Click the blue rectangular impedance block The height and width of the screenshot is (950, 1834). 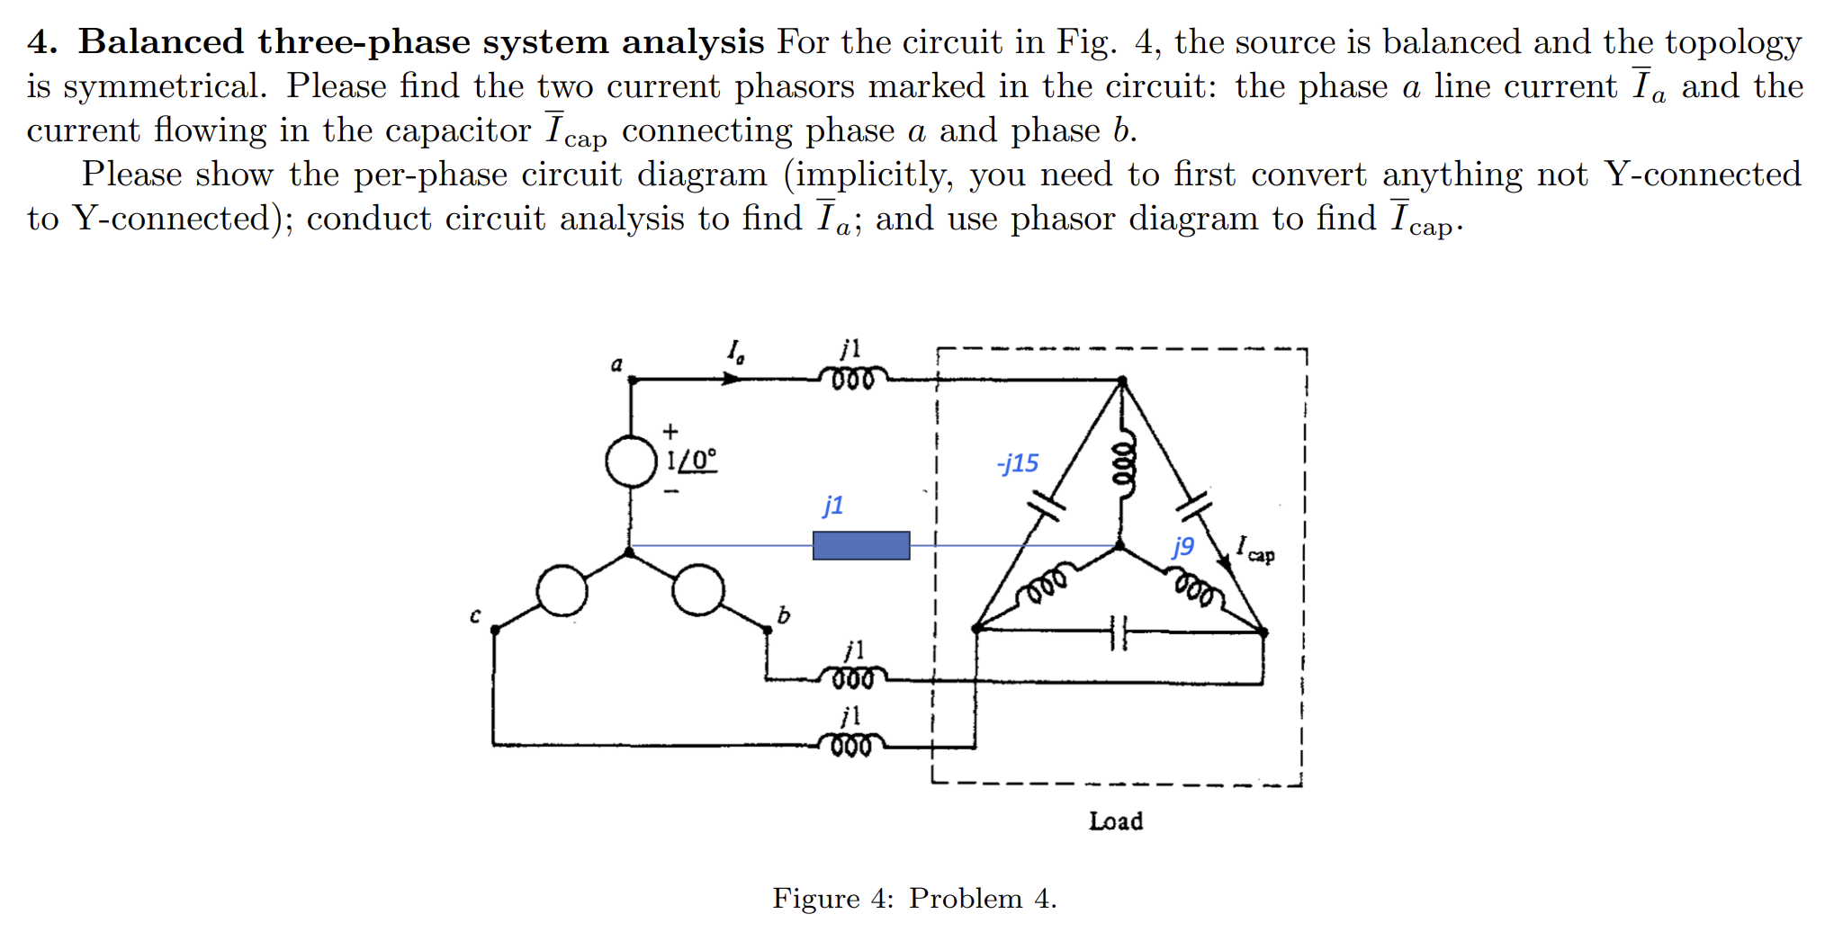(860, 545)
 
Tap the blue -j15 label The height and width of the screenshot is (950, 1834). (1018, 463)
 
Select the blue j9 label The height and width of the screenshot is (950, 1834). (1182, 546)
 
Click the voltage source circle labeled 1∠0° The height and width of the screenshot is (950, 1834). (631, 462)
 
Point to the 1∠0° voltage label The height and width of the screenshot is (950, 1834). (692, 460)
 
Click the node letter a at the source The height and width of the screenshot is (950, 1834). (616, 364)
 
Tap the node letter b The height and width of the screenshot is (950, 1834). (783, 615)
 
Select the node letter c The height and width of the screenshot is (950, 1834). (475, 615)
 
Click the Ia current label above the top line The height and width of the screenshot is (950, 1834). (736, 351)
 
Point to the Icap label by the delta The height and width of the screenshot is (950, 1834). (1255, 549)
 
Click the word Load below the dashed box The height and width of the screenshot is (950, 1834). (1116, 820)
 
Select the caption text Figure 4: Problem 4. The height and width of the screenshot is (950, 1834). (914, 898)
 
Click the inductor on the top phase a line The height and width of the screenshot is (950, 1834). (852, 379)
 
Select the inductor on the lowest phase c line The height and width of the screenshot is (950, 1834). (850, 746)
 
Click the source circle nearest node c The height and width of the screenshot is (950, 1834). (562, 591)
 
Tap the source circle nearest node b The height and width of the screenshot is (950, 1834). (698, 590)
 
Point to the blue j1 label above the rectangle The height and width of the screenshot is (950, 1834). (833, 505)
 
